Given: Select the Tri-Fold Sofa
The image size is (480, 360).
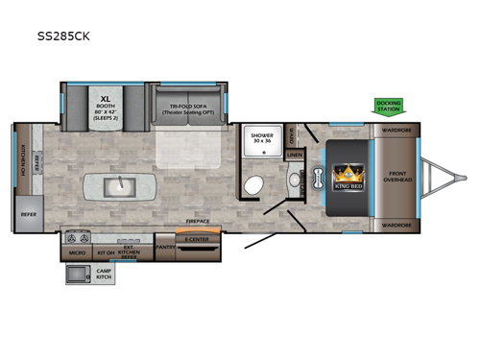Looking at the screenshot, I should point(187,107).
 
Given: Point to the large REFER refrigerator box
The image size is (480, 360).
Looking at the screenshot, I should point(29,215).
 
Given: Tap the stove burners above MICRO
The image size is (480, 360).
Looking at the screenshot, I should point(78,235).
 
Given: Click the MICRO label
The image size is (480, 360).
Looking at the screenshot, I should point(78,252).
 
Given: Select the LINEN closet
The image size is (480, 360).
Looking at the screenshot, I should point(294,154).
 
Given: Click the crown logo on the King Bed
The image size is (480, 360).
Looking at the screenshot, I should point(347,175).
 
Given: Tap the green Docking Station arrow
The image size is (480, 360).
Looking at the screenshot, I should point(389,105).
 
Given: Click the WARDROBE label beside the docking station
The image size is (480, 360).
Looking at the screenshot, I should point(396,129).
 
